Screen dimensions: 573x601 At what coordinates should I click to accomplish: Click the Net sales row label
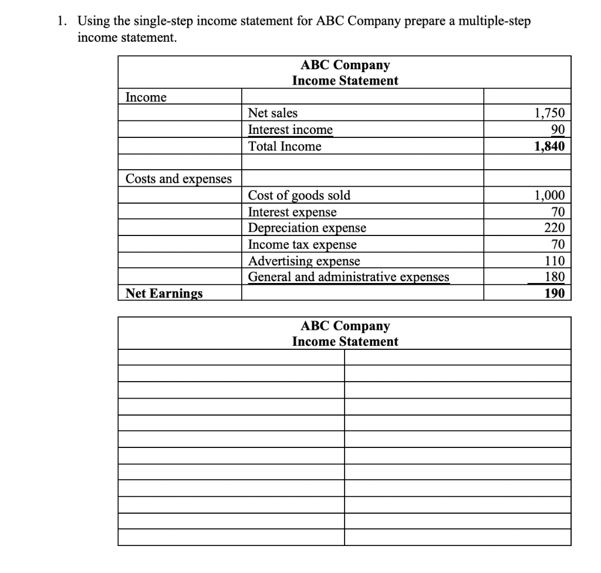(x=273, y=113)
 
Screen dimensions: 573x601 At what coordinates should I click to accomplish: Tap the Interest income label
(x=291, y=130)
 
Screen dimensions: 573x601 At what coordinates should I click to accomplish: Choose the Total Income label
(x=285, y=147)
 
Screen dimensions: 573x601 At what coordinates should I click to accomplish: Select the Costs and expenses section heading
(x=179, y=178)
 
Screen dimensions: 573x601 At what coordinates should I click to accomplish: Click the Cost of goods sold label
(x=299, y=196)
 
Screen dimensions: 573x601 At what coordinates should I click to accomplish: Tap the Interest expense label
(x=293, y=212)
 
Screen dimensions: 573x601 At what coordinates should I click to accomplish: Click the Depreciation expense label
(x=307, y=228)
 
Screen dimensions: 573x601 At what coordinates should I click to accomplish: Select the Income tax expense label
(x=302, y=244)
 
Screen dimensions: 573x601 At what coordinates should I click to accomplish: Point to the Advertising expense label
(x=304, y=261)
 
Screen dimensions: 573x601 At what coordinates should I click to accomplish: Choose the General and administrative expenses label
(x=349, y=277)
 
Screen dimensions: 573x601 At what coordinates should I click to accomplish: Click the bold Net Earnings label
(x=164, y=293)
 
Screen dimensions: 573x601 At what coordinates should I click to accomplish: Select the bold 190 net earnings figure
(x=555, y=293)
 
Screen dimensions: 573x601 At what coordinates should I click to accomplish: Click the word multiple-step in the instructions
(x=494, y=22)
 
